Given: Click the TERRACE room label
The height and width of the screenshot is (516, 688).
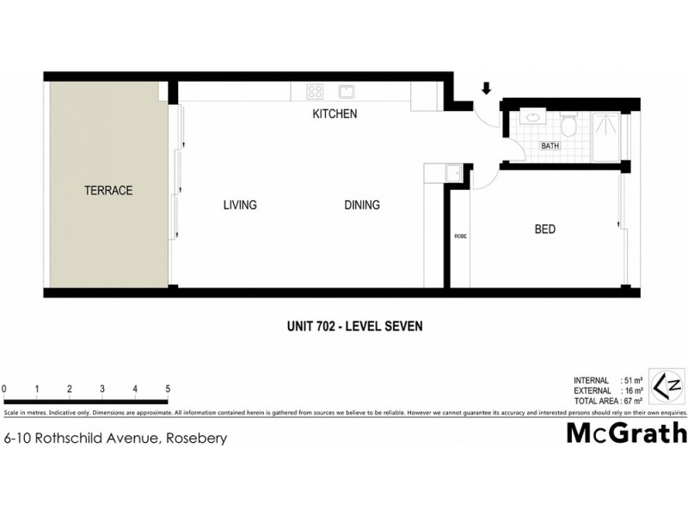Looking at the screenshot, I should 107,191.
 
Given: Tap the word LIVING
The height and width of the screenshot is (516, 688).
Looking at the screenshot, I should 240,206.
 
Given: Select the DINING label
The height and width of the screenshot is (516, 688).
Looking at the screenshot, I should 362,206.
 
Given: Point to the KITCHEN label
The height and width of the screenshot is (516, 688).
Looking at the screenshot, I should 334,114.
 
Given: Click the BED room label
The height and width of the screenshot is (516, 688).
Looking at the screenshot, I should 544,230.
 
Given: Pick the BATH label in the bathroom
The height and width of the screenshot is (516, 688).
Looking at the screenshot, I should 550,146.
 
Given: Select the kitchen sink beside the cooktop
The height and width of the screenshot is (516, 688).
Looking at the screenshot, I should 347,91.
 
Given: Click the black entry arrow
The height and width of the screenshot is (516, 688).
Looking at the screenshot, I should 486,89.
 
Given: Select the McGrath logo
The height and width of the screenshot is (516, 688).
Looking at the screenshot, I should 626,433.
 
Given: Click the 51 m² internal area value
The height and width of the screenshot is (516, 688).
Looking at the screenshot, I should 641,380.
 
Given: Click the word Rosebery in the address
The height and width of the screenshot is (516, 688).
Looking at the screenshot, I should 200,439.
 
